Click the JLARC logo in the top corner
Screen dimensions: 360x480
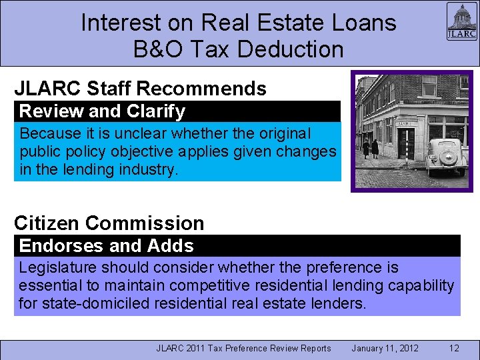(x=461, y=21)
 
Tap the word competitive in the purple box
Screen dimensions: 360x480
(x=199, y=286)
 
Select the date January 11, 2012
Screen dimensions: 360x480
(x=385, y=348)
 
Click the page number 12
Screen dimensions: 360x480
(x=454, y=348)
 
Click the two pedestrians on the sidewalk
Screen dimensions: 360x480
(x=370, y=148)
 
